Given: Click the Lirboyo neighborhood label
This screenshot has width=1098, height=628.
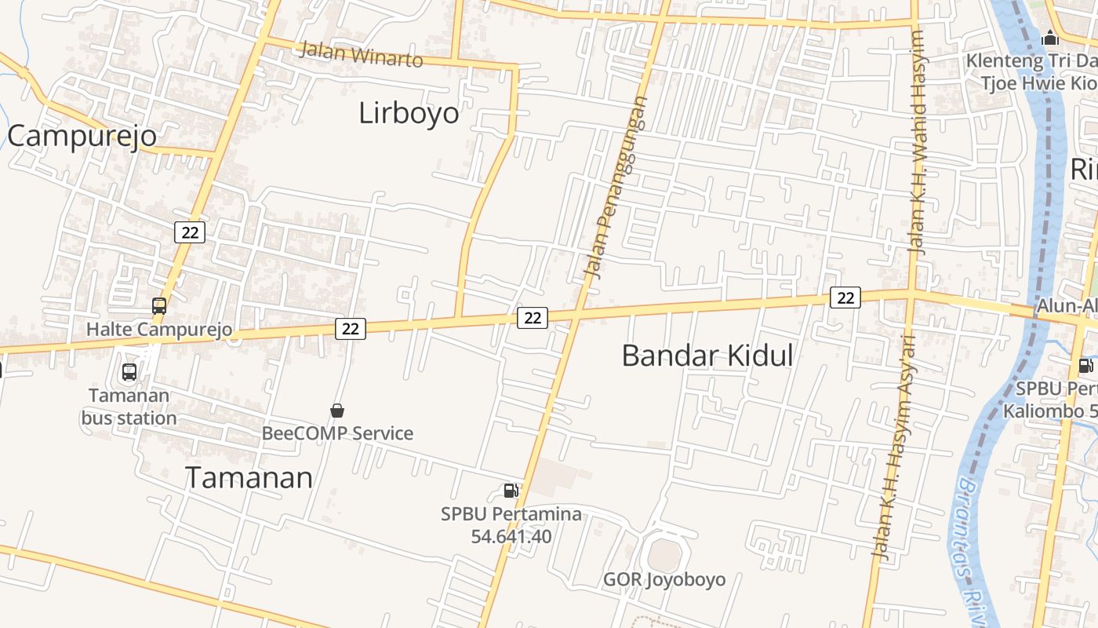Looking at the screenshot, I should pyautogui.click(x=409, y=113).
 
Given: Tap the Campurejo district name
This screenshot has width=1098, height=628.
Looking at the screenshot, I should pyautogui.click(x=82, y=136).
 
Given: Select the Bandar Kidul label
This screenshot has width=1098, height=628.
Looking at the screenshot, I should pyautogui.click(x=707, y=356).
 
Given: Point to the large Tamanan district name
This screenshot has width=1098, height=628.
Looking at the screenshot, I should pyautogui.click(x=249, y=477).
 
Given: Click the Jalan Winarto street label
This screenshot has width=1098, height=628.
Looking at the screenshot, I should pyautogui.click(x=362, y=55).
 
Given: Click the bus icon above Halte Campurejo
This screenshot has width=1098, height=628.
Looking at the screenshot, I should pyautogui.click(x=159, y=306).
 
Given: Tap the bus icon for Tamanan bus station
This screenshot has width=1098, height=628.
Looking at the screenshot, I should pyautogui.click(x=129, y=372).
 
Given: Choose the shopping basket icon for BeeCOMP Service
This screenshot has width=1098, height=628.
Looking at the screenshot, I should pyautogui.click(x=337, y=411).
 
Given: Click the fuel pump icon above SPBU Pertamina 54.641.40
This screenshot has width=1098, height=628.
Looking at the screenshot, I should pyautogui.click(x=511, y=491).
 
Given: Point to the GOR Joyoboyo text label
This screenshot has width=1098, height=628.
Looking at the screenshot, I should pyautogui.click(x=664, y=580).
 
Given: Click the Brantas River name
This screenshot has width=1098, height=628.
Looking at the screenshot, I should pyautogui.click(x=973, y=542).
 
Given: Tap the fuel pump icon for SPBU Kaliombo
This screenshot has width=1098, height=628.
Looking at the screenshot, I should pyautogui.click(x=1085, y=365).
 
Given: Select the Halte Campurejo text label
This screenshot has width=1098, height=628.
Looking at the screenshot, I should pyautogui.click(x=159, y=329).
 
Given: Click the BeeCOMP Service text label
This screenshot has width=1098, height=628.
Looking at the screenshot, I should pyautogui.click(x=337, y=433).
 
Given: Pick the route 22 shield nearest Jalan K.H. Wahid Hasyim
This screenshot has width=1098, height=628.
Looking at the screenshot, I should pyautogui.click(x=845, y=298).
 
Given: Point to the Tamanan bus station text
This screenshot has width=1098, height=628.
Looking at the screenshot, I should pyautogui.click(x=129, y=407).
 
